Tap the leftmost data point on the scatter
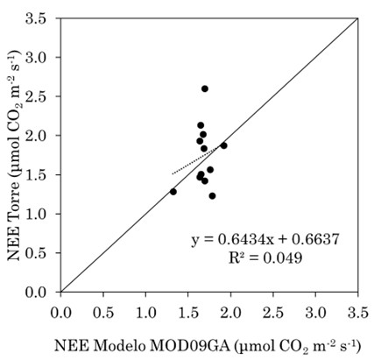(173, 192)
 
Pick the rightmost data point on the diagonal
(223, 145)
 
